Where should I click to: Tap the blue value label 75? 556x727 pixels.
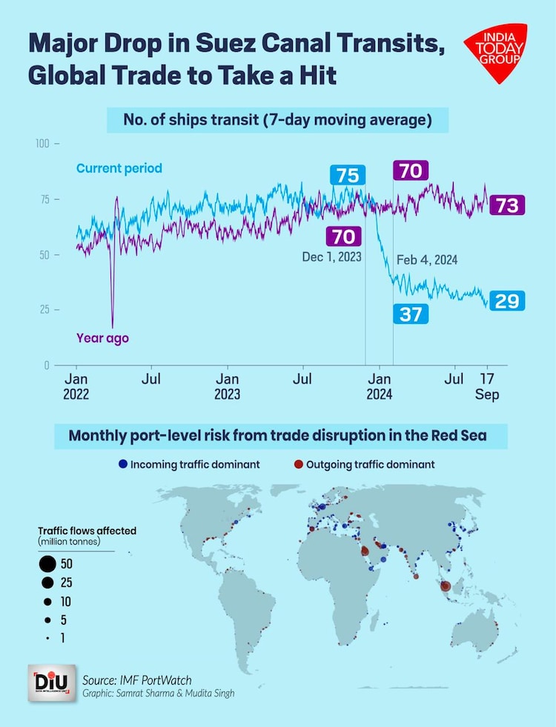[347, 176]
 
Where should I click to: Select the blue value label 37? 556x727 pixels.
[410, 313]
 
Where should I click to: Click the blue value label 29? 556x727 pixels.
[507, 300]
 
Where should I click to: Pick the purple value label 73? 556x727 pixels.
[507, 205]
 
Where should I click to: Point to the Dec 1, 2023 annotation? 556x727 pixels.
[333, 256]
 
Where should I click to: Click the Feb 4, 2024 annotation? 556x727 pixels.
[427, 260]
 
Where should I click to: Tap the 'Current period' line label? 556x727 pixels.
[119, 168]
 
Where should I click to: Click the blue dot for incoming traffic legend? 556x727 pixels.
[123, 465]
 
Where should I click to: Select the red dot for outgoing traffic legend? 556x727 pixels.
[297, 465]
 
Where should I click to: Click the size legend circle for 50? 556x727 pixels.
[48, 564]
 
